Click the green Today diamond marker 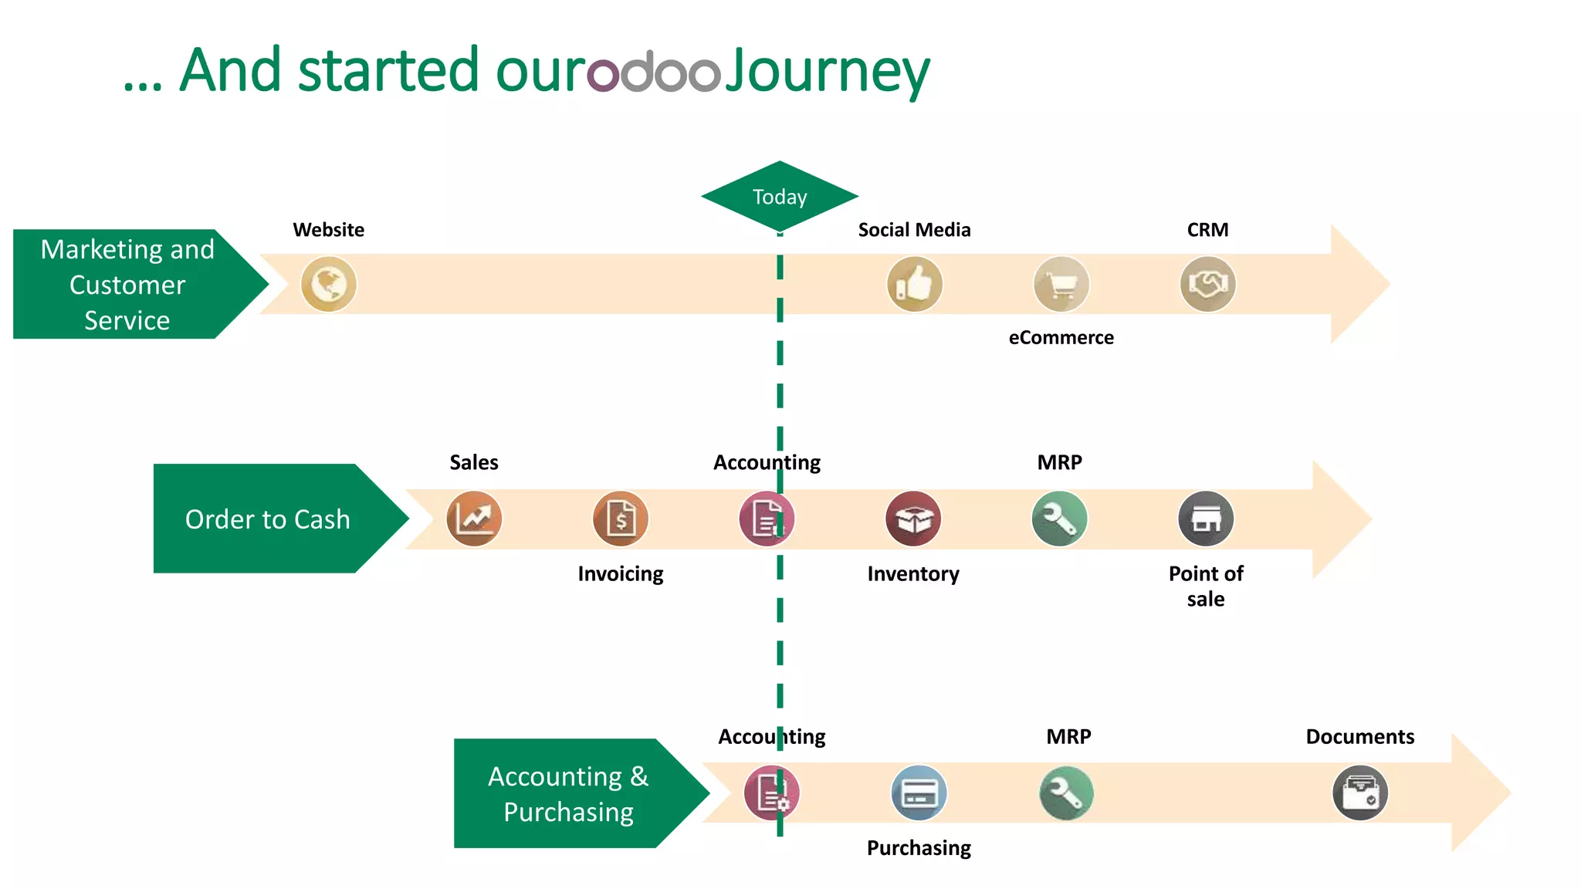point(780,196)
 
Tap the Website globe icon point(328,284)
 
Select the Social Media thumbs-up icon point(914,284)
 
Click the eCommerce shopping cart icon point(1061,284)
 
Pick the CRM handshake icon point(1207,284)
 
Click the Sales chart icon point(474,519)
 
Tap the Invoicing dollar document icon point(621,519)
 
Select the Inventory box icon point(913,519)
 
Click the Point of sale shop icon point(1206,519)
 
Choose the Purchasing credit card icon point(919,793)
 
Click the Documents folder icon point(1359,793)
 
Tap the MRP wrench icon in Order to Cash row point(1059,519)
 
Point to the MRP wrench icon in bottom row point(1066,793)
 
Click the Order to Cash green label point(267,519)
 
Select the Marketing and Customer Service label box point(127,284)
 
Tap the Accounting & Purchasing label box point(568,793)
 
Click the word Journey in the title point(828,71)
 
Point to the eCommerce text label point(1061,337)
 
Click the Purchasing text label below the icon point(919,847)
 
